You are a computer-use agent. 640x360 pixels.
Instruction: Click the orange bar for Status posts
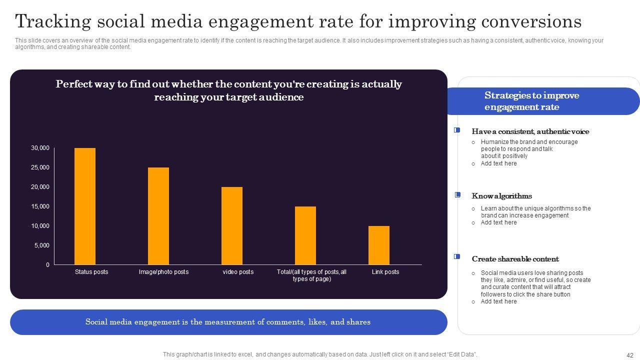(x=85, y=206)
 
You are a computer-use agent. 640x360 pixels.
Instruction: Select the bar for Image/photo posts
(x=158, y=216)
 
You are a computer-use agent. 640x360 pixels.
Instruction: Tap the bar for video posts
(x=232, y=225)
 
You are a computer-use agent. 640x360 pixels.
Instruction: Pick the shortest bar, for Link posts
(x=379, y=245)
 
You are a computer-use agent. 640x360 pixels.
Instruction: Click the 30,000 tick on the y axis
(x=40, y=148)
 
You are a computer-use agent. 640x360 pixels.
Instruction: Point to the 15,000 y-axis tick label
(x=40, y=206)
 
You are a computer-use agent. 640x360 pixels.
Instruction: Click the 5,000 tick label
(x=41, y=245)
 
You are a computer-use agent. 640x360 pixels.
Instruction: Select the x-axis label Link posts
(x=385, y=272)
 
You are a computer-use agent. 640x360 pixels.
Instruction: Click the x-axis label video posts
(x=238, y=272)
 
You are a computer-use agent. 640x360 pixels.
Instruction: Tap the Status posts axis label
(x=91, y=272)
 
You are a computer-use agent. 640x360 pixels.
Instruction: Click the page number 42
(x=629, y=354)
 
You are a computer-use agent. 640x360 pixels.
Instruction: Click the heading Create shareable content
(x=515, y=259)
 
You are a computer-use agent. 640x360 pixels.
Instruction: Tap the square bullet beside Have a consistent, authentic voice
(x=457, y=130)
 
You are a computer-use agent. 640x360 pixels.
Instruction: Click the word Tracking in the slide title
(x=53, y=22)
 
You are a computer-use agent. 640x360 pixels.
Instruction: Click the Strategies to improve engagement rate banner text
(x=531, y=101)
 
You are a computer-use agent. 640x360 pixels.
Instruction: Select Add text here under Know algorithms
(x=498, y=222)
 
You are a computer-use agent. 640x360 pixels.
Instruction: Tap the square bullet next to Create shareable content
(x=457, y=256)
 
